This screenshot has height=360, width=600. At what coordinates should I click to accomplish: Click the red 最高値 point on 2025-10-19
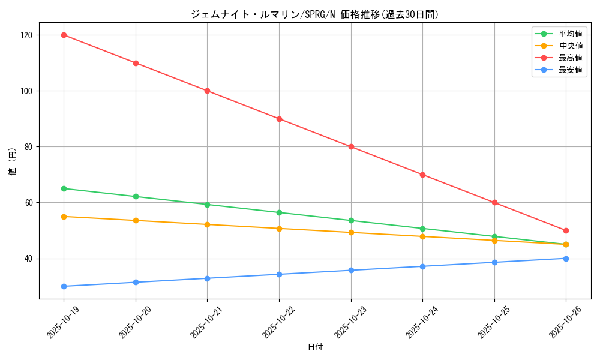(x=64, y=35)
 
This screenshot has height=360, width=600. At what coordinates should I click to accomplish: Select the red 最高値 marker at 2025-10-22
(x=279, y=119)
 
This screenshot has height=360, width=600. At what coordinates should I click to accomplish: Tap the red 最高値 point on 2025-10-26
(x=566, y=230)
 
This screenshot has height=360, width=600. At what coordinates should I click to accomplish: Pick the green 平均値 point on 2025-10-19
(x=64, y=188)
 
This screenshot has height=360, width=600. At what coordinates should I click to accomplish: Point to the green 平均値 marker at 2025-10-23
(x=351, y=220)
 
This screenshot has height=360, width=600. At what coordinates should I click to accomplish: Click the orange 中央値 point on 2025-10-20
(x=136, y=220)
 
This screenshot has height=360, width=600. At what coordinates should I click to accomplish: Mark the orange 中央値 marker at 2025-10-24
(x=422, y=236)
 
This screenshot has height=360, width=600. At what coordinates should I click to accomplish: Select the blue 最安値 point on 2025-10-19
(x=64, y=286)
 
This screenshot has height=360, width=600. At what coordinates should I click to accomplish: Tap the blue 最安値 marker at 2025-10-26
(x=566, y=259)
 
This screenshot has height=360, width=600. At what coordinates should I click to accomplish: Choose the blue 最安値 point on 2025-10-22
(x=279, y=274)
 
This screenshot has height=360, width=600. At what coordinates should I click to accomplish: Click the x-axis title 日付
(x=315, y=347)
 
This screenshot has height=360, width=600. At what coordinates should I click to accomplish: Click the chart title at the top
(x=315, y=14)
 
